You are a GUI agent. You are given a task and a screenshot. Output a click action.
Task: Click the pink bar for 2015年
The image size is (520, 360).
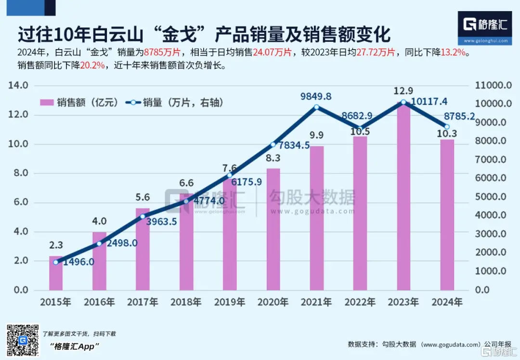56,273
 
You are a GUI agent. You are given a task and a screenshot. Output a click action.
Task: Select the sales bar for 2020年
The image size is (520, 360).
273,229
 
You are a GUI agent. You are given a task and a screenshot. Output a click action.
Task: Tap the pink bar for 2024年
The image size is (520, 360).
447,214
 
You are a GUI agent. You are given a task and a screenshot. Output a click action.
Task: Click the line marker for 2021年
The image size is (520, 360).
316,107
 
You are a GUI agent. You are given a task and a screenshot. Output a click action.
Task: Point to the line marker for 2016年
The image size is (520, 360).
99,243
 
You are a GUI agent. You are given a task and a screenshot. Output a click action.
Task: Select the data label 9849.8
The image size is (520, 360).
316,96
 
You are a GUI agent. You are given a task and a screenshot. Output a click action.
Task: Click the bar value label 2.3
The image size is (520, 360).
56,245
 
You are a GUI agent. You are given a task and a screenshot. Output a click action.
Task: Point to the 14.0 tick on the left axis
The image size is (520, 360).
18,86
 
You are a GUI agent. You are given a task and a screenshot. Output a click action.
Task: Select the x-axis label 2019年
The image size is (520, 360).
230,303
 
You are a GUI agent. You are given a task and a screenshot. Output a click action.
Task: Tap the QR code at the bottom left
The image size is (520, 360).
22,340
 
